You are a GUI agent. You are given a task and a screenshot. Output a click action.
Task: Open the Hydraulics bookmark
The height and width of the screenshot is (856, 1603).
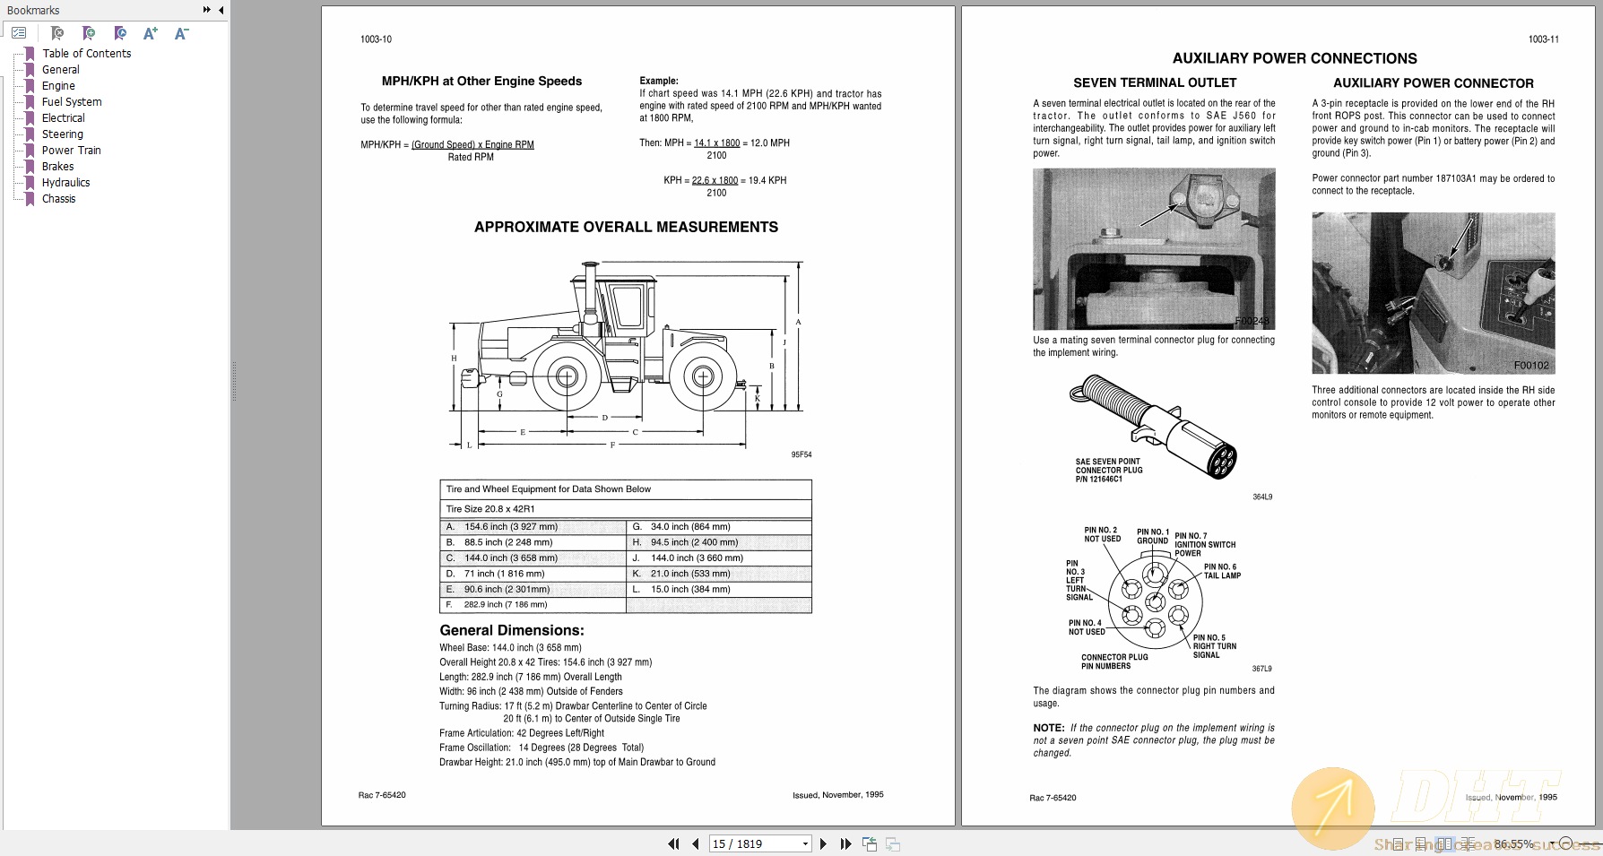[65, 183]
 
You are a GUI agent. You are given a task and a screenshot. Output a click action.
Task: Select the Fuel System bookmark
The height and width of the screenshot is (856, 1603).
[72, 102]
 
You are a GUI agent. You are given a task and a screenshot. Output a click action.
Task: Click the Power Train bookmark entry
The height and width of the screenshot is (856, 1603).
[71, 151]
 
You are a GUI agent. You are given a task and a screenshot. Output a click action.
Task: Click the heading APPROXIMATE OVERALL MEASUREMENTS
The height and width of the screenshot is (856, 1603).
[626, 228]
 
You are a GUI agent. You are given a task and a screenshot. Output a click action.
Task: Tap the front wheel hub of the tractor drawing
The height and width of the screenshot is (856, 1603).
[567, 376]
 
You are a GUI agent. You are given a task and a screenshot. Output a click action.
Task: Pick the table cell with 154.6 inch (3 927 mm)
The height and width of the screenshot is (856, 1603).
[510, 527]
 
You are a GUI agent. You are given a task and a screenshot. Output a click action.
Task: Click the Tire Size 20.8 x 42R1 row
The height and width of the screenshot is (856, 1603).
[490, 509]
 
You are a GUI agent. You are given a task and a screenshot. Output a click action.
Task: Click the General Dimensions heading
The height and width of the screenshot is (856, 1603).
[511, 631]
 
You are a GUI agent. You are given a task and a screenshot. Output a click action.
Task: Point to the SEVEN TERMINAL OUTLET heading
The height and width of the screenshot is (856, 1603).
[1155, 83]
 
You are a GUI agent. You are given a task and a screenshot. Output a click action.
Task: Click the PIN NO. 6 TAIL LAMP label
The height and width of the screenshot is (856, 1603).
[1221, 571]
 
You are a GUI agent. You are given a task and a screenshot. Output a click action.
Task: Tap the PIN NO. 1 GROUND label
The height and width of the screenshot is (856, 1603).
[1152, 536]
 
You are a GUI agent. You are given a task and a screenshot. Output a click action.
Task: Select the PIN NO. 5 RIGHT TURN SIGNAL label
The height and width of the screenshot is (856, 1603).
[1213, 646]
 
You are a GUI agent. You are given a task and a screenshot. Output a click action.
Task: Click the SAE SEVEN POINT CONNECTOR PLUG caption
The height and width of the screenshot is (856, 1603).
[1108, 471]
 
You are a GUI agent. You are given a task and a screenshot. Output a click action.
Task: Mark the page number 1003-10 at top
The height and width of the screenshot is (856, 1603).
[376, 39]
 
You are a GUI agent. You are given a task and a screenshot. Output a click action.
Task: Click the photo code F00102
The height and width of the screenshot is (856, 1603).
[1530, 366]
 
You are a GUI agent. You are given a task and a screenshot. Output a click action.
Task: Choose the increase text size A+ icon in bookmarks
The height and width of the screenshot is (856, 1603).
[150, 34]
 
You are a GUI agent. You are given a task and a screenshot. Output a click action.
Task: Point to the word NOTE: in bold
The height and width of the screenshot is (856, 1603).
[1048, 729]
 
